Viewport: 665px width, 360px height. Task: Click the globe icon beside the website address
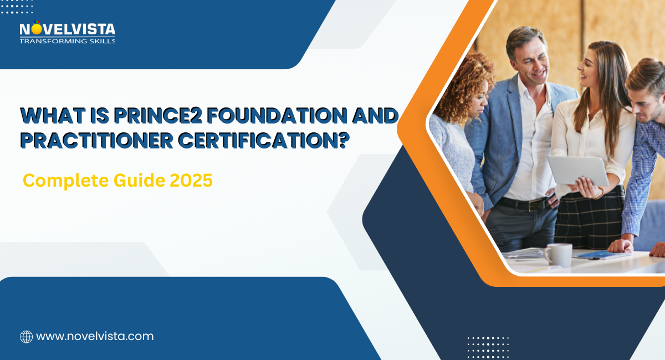26,336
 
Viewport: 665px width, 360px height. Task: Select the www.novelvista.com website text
95,336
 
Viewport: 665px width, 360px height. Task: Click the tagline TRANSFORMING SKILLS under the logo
67,40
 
